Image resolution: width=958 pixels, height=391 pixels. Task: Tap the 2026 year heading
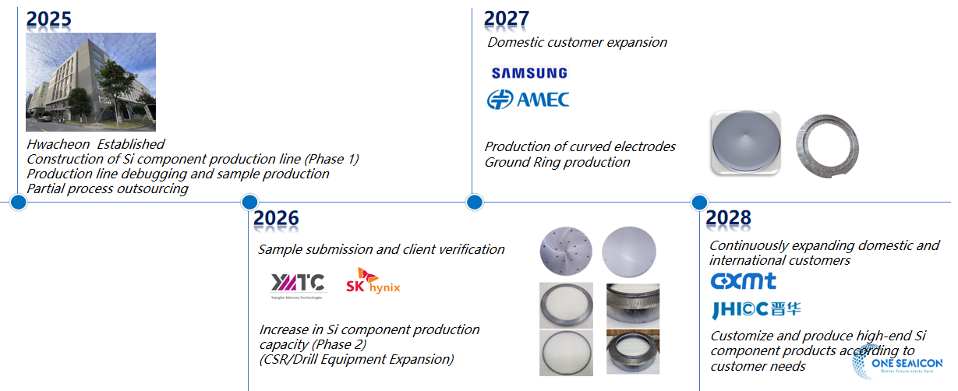point(276,220)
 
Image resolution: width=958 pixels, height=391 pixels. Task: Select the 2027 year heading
point(507,19)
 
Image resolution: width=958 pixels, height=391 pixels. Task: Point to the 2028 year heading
point(728,219)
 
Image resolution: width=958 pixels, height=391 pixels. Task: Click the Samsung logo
point(529,73)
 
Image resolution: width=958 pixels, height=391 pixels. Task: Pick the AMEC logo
point(528,100)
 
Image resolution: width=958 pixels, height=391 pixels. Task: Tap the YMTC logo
point(295,284)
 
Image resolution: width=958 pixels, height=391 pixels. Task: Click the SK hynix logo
point(373,282)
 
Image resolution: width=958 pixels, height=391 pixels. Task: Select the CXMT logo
point(743,280)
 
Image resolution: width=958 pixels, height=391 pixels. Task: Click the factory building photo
point(90,82)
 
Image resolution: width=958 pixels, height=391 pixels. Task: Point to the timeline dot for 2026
point(249,203)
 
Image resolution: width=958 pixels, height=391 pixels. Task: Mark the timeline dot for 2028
point(699,203)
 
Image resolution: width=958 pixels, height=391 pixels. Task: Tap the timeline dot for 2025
point(19,203)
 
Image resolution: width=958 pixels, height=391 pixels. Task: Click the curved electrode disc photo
point(746,142)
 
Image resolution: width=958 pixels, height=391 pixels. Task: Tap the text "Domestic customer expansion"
point(577,42)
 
